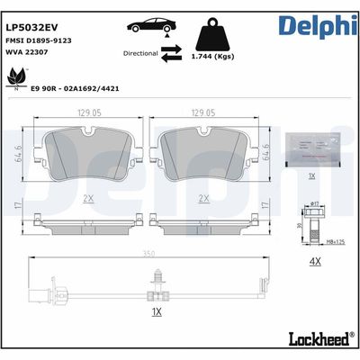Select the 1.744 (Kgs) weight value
tap(215, 58)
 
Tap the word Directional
tap(139, 54)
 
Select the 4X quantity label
tap(315, 261)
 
